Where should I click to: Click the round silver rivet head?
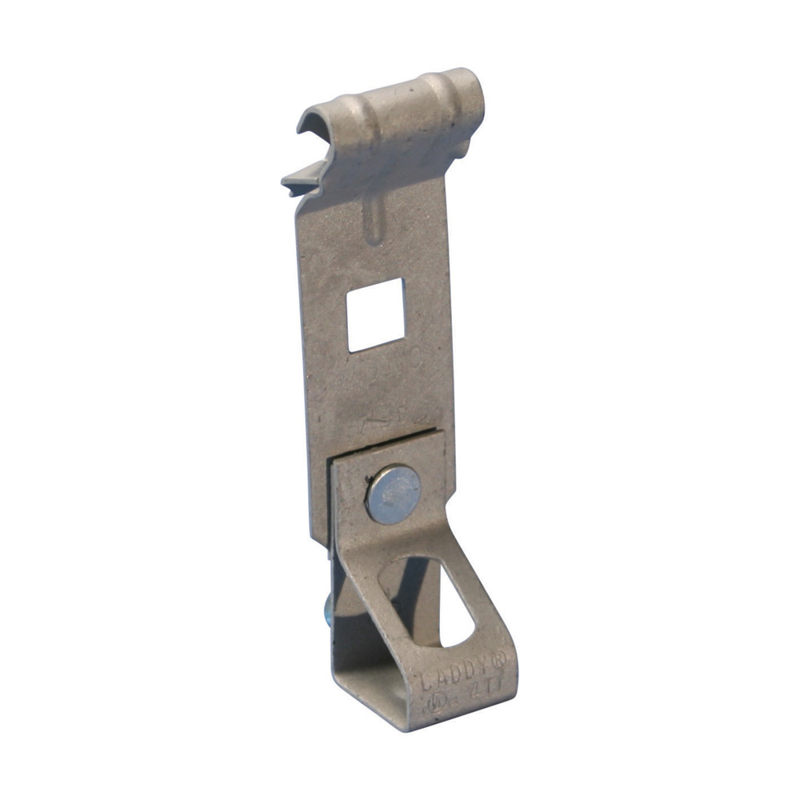tap(393, 494)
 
